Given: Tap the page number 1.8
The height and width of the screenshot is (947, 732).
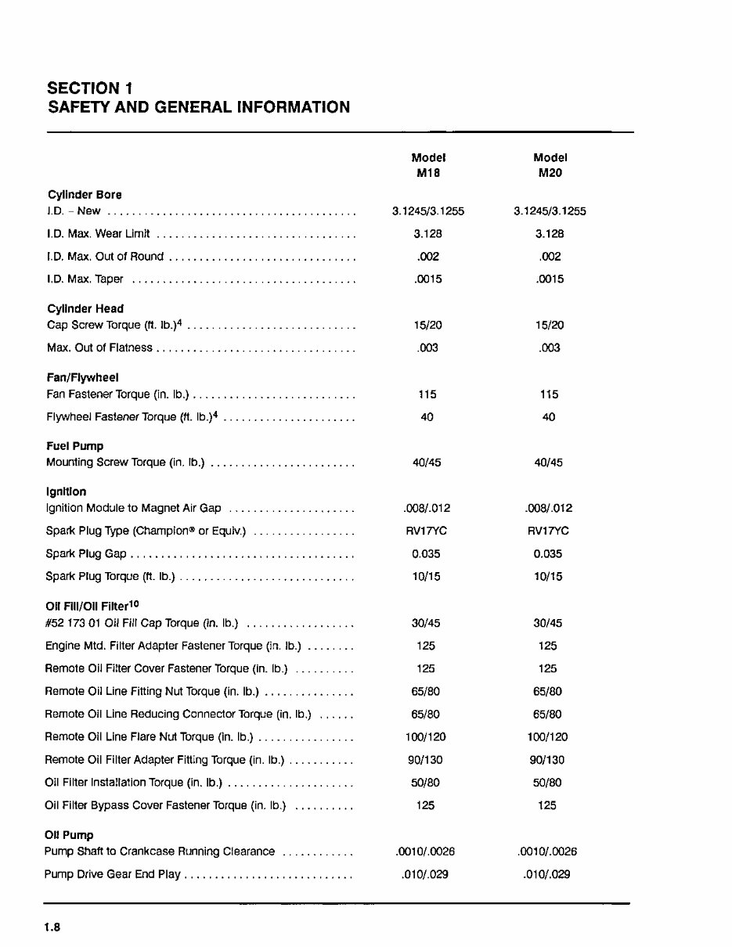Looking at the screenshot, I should (x=52, y=927).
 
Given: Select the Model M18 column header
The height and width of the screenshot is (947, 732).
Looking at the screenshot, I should (x=428, y=165).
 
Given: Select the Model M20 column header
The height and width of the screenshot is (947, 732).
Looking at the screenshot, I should (x=550, y=165).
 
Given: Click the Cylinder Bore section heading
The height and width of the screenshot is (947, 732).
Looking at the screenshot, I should (x=85, y=195).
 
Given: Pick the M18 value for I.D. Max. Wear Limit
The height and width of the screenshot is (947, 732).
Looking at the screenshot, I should (x=428, y=234).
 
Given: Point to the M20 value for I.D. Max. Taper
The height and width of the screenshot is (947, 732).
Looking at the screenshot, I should (x=550, y=279).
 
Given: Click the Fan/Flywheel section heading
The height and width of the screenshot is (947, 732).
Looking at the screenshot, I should (x=82, y=378).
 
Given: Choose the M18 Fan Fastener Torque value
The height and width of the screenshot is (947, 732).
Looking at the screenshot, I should (x=427, y=394).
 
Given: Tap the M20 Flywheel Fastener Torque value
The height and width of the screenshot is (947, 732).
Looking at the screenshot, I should (x=549, y=417).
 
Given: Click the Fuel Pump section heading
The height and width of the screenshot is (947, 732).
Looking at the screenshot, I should (x=75, y=446).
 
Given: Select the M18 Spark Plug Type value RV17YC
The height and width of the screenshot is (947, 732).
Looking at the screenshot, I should (x=427, y=531).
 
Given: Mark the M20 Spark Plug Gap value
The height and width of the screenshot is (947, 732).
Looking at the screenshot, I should (x=549, y=554).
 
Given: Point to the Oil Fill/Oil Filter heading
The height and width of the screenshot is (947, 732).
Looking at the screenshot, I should (x=92, y=606).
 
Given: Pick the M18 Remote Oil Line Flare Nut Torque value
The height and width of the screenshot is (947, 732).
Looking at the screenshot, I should (x=426, y=737).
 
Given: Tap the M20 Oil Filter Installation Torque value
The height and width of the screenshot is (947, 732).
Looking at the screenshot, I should (x=547, y=783).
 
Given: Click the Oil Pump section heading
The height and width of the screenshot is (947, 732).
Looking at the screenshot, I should (x=70, y=835).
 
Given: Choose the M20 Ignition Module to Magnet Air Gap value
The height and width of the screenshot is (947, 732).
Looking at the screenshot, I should (x=549, y=509).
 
